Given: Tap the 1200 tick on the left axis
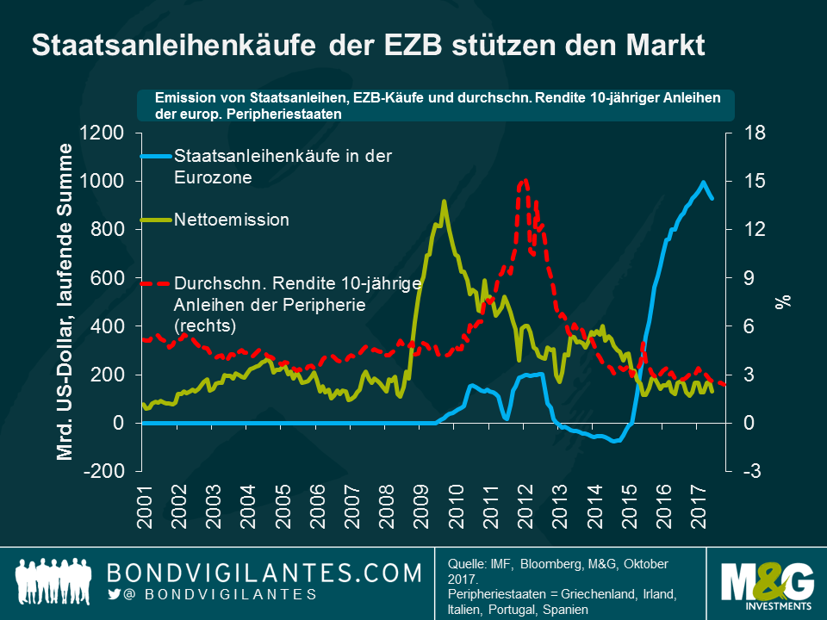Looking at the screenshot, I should pyautogui.click(x=103, y=133).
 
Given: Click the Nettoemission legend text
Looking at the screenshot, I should pyautogui.click(x=231, y=220).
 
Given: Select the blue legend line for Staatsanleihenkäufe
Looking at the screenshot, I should pyautogui.click(x=155, y=157).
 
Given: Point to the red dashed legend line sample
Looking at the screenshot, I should pyautogui.click(x=155, y=282).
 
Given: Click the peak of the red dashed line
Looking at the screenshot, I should pyautogui.click(x=524, y=179).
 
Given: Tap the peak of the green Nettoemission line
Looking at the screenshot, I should pyautogui.click(x=444, y=201).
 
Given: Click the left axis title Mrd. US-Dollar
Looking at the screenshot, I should pyautogui.click(x=65, y=301).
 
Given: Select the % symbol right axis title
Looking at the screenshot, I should pyautogui.click(x=782, y=301).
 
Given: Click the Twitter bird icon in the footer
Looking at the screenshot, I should pyautogui.click(x=114, y=594).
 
